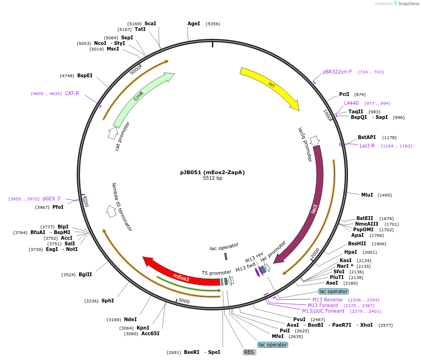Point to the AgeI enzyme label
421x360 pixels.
194,23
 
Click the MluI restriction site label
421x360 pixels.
367,195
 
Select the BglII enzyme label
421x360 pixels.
85,275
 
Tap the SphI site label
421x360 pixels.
108,301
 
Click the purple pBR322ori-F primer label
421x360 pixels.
337,72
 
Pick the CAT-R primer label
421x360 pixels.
72,93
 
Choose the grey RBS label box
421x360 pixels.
249,352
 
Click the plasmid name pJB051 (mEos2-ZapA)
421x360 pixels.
212,172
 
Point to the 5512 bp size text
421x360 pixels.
212,178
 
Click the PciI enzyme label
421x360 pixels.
344,94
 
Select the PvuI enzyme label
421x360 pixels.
299,319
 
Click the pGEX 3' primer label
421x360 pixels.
52,198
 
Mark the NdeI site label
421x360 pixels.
130,320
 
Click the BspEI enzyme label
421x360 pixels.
85,75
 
